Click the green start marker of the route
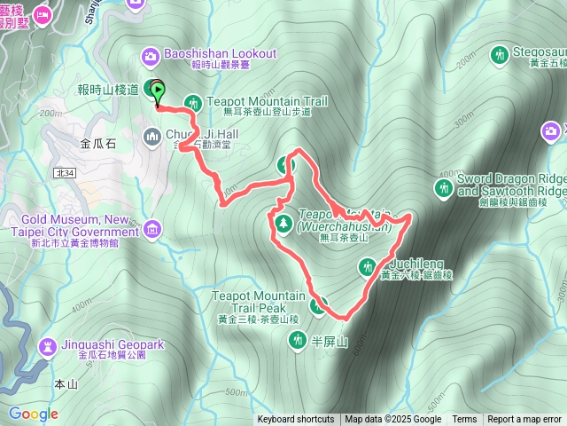(158, 90)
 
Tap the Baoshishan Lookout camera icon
(151, 55)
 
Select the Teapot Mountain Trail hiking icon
(193, 103)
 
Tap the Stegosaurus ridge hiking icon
(499, 54)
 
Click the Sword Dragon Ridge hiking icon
(443, 187)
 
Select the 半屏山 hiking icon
(297, 340)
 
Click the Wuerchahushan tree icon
(283, 221)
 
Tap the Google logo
(34, 414)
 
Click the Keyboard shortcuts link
(296, 420)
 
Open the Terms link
(464, 420)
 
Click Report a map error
(524, 420)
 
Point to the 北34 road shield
(63, 172)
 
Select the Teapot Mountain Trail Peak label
(258, 302)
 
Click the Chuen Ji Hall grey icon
(151, 135)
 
